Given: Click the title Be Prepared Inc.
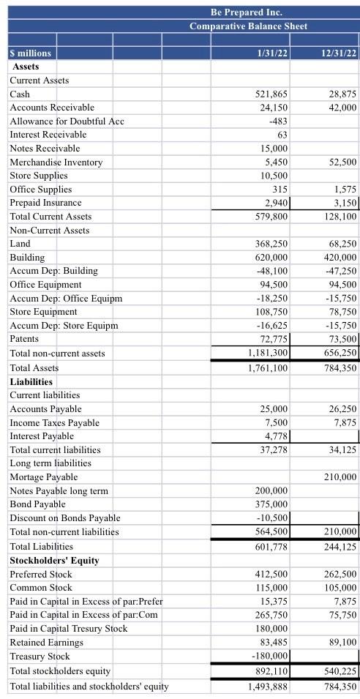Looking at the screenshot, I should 246,12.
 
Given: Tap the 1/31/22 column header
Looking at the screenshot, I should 271,53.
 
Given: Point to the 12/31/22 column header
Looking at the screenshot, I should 338,53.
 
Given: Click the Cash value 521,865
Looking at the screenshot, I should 271,94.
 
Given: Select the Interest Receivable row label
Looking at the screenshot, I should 48,135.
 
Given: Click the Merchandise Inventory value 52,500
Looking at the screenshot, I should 342,162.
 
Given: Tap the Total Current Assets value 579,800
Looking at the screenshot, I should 271,217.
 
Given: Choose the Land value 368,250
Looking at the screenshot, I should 271,244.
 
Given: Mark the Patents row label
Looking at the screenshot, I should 24,339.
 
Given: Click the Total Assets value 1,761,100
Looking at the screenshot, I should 268,367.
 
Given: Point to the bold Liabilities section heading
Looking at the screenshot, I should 31,382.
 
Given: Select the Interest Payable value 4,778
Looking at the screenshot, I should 275,436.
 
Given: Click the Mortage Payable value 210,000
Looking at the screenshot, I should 340,477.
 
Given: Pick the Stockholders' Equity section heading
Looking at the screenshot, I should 54,561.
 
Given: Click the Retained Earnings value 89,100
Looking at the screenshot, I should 342,643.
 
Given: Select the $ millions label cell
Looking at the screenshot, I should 31,53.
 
